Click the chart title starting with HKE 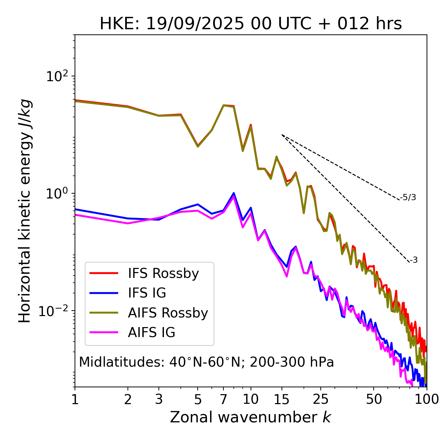[251, 24]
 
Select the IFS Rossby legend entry [163, 273]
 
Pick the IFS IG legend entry [147, 293]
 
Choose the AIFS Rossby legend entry [168, 313]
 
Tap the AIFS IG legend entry [152, 333]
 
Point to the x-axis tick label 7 [223, 399]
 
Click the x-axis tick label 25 [320, 399]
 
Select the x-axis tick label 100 [426, 399]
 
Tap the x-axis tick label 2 [128, 399]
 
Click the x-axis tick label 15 [282, 399]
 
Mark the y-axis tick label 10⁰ [56, 193]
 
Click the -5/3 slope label [408, 197]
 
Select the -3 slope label [414, 260]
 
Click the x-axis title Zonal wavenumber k [251, 417]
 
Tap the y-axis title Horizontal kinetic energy [25, 211]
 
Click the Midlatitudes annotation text [206, 362]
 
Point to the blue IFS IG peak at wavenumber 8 [234, 193]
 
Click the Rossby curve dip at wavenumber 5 [198, 146]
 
